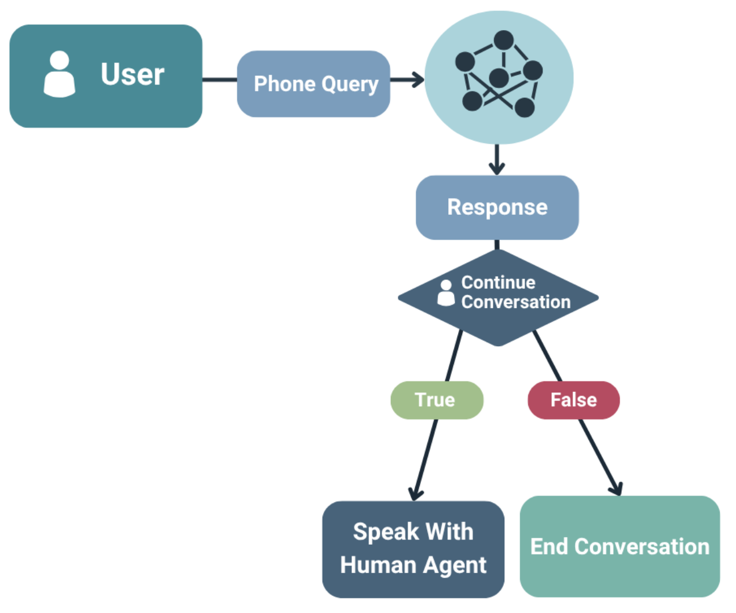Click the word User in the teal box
pyautogui.click(x=133, y=75)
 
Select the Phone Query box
pyautogui.click(x=313, y=84)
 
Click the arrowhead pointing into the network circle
pyautogui.click(x=418, y=80)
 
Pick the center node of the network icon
pyautogui.click(x=499, y=77)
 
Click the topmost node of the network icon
pyautogui.click(x=503, y=40)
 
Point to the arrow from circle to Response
pyautogui.click(x=497, y=160)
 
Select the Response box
pyautogui.click(x=497, y=207)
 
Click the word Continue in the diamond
pyautogui.click(x=498, y=282)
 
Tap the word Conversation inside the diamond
pyautogui.click(x=515, y=302)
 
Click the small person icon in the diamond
pyautogui.click(x=446, y=293)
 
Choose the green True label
pyautogui.click(x=436, y=400)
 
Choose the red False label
pyautogui.click(x=573, y=400)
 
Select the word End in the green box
pyautogui.click(x=549, y=546)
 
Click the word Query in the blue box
pyautogui.click(x=350, y=85)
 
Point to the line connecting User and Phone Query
pyautogui.click(x=219, y=79)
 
